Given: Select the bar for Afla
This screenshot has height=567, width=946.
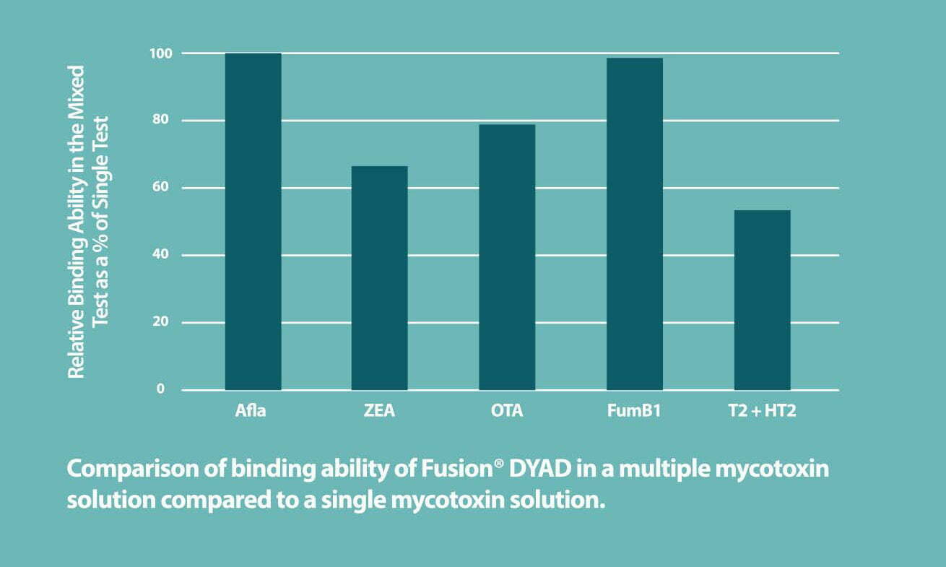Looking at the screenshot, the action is pyautogui.click(x=253, y=222).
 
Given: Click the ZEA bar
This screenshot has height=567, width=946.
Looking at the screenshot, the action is pyautogui.click(x=379, y=278).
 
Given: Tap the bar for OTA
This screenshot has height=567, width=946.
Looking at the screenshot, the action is pyautogui.click(x=507, y=257).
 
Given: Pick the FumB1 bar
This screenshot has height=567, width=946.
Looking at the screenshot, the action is pyautogui.click(x=634, y=224).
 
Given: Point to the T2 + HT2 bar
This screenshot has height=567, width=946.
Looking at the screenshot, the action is pyautogui.click(x=763, y=300).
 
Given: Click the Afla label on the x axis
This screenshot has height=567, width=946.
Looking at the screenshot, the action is pyautogui.click(x=251, y=411).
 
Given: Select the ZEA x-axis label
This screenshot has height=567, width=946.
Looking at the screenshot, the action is pyautogui.click(x=379, y=411).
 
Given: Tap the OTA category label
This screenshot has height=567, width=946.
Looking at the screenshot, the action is pyautogui.click(x=507, y=411).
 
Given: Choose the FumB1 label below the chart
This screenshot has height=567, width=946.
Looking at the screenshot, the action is pyautogui.click(x=634, y=411).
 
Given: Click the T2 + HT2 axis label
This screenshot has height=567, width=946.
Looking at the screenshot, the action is pyautogui.click(x=763, y=411).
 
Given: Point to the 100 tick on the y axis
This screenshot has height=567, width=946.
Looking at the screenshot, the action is pyautogui.click(x=161, y=53).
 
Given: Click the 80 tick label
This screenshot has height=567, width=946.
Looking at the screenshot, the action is pyautogui.click(x=161, y=120).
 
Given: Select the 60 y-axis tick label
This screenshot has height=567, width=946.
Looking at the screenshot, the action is pyautogui.click(x=161, y=187).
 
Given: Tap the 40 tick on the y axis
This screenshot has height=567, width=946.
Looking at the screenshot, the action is pyautogui.click(x=161, y=254).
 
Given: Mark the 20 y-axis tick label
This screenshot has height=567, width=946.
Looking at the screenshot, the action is pyautogui.click(x=161, y=321).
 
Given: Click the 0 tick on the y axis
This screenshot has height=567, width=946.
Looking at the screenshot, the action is pyautogui.click(x=160, y=389).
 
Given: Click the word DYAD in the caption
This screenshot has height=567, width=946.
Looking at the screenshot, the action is pyautogui.click(x=540, y=469).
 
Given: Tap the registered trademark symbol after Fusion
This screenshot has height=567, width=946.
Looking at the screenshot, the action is pyautogui.click(x=498, y=464).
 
